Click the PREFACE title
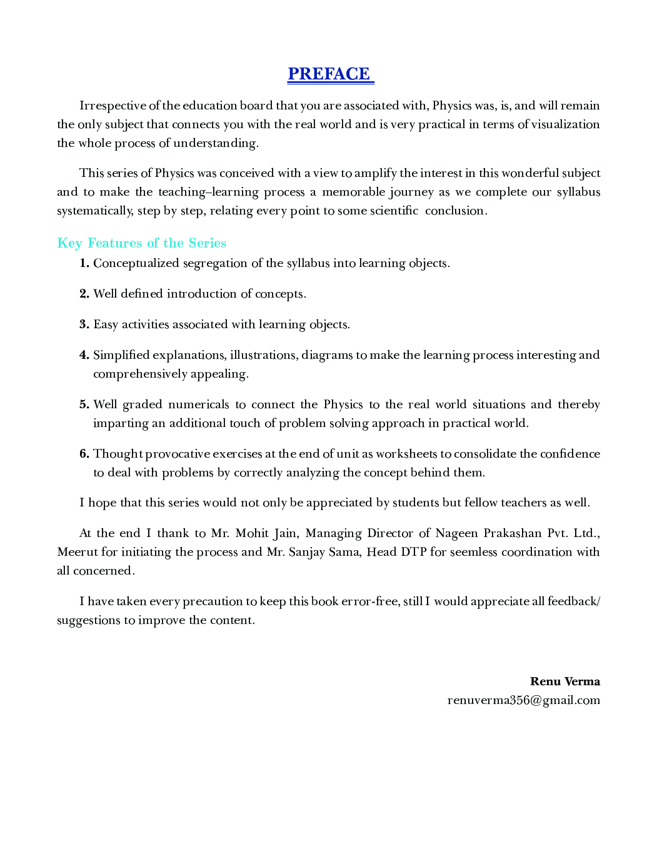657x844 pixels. tap(329, 74)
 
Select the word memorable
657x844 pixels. tap(353, 192)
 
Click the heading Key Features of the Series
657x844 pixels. tap(141, 243)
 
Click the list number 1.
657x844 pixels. tap(84, 263)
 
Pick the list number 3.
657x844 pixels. tap(84, 324)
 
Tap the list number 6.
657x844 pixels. tap(84, 454)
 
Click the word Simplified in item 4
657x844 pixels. tap(121, 355)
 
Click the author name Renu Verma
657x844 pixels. tap(564, 681)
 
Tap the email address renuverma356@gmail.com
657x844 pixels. tap(523, 700)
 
